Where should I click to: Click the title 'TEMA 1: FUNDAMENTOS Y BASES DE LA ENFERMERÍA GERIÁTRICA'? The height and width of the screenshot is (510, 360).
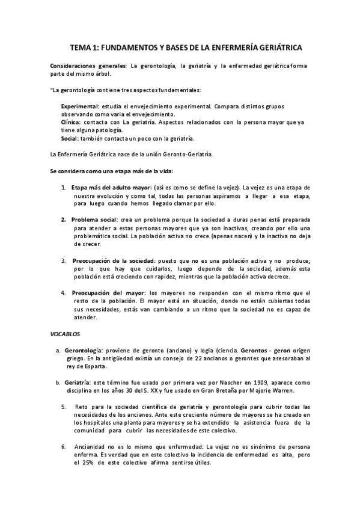click(x=186, y=46)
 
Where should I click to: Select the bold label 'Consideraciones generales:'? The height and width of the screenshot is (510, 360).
click(x=88, y=65)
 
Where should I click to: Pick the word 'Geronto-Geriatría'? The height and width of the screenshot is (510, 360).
click(x=186, y=155)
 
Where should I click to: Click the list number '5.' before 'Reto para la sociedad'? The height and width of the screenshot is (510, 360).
click(x=64, y=407)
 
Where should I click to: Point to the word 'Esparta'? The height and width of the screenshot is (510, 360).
click(x=94, y=366)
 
